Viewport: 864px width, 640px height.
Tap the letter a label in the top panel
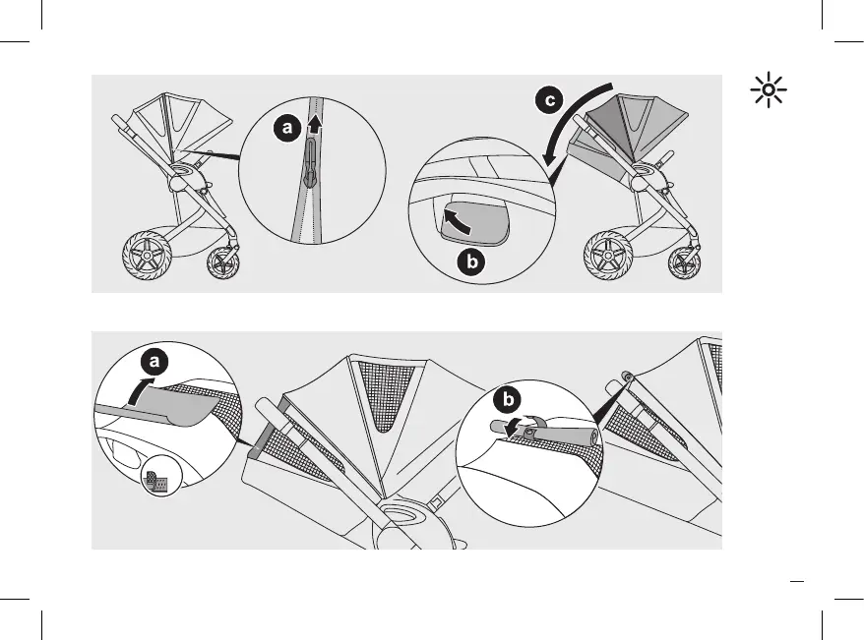(284, 129)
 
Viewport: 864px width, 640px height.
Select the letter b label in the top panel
(473, 262)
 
